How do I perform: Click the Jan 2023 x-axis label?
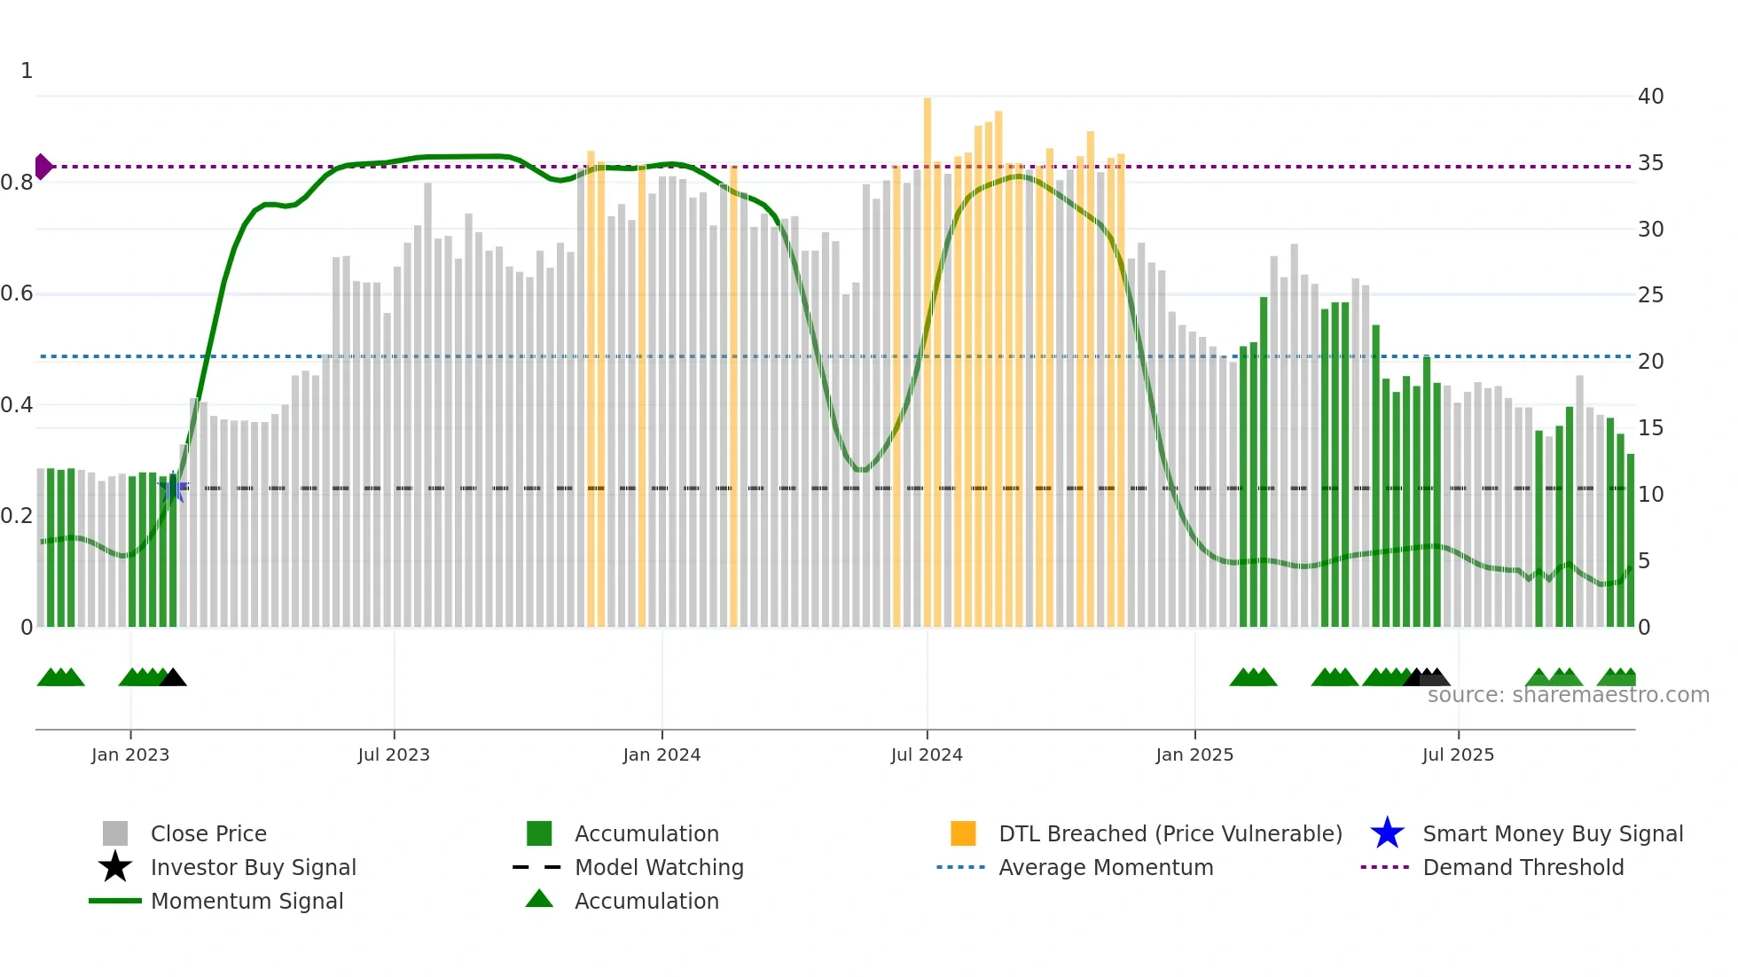click(130, 754)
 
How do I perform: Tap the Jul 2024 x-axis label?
click(927, 754)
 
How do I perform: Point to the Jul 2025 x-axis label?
click(1458, 754)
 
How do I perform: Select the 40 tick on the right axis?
click(1650, 97)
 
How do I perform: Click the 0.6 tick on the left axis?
click(17, 293)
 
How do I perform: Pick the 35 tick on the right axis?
click(1650, 163)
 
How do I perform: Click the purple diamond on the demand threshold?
click(43, 167)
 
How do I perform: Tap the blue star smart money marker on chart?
click(174, 487)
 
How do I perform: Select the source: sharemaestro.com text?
click(1568, 695)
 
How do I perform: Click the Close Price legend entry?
click(208, 833)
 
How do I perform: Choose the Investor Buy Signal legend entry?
click(253, 867)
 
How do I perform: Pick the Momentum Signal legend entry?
click(247, 901)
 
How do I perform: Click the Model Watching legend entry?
click(659, 867)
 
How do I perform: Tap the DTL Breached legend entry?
click(1170, 833)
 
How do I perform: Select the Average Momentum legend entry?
click(1106, 867)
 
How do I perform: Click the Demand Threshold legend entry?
click(1523, 867)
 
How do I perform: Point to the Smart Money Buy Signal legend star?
click(1387, 833)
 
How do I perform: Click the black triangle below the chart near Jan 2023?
click(173, 678)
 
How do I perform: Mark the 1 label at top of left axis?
click(27, 71)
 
